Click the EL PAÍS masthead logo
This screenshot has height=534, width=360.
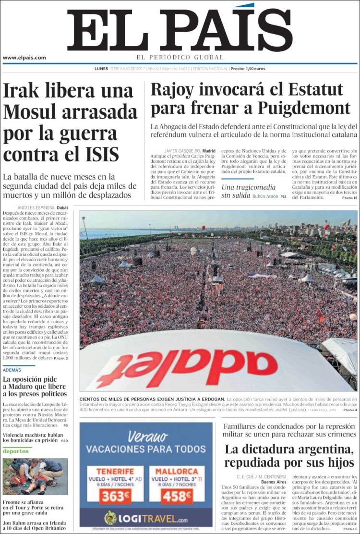point(180,30)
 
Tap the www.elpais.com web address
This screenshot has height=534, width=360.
point(24,58)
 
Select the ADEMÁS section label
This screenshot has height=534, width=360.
point(12,370)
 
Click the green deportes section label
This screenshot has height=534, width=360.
point(16,451)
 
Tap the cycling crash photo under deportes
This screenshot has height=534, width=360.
point(35,476)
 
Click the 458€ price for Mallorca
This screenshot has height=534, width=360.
point(177,497)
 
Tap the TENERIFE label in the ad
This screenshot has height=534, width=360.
point(115,471)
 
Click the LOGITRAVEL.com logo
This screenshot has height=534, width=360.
point(146,519)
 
